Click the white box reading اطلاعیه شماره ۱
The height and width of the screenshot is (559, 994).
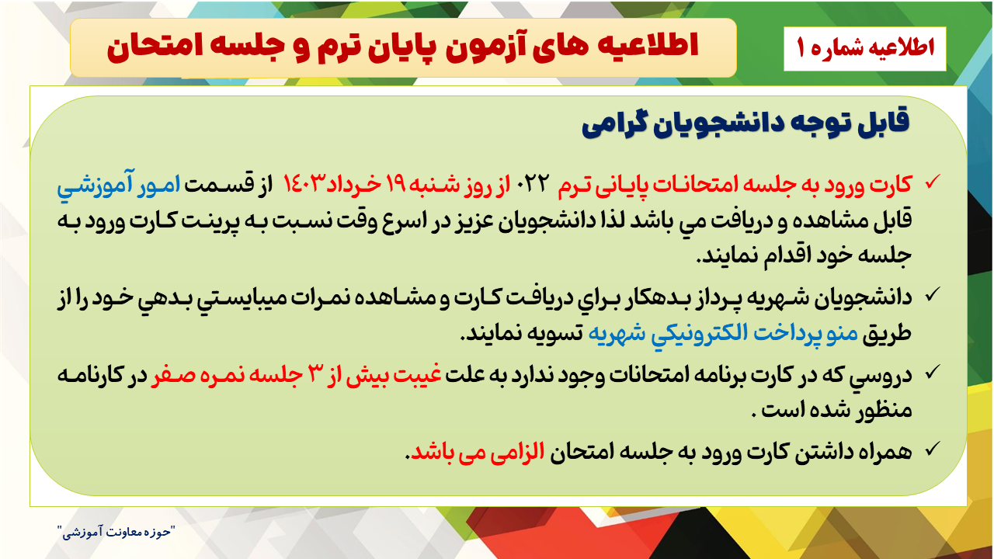[x=865, y=48]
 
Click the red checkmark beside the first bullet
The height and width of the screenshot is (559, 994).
[x=933, y=182]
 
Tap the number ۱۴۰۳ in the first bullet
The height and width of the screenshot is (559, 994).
[x=301, y=183]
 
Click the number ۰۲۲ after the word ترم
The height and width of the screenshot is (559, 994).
[x=533, y=183]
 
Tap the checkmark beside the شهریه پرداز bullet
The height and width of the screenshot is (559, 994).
[x=933, y=294]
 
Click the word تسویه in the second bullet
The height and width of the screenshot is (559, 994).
[x=557, y=334]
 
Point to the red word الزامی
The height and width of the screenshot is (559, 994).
[x=517, y=453]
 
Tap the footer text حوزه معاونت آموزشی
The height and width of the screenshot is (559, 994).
[x=116, y=532]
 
